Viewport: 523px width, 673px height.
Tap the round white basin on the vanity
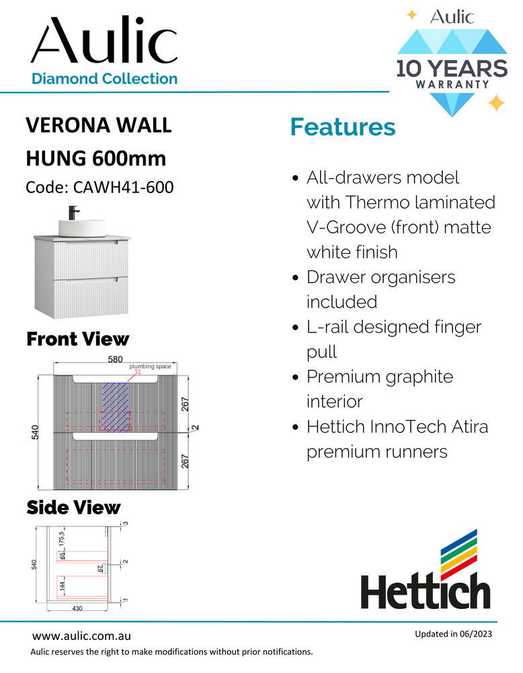point(83,226)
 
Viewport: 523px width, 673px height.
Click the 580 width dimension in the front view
point(115,360)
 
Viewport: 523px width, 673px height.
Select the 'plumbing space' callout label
point(150,367)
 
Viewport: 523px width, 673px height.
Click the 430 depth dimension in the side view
point(76,608)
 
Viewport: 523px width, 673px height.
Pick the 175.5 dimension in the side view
point(61,538)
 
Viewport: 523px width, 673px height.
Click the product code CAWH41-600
point(99,187)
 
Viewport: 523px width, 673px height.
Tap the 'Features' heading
point(342,127)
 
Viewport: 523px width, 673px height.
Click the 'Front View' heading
point(77,339)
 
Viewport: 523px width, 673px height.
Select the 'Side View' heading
point(73,507)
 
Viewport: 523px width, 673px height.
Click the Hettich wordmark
point(426,592)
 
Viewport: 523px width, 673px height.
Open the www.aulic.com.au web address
point(81,635)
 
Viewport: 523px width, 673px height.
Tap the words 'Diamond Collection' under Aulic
point(104,79)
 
